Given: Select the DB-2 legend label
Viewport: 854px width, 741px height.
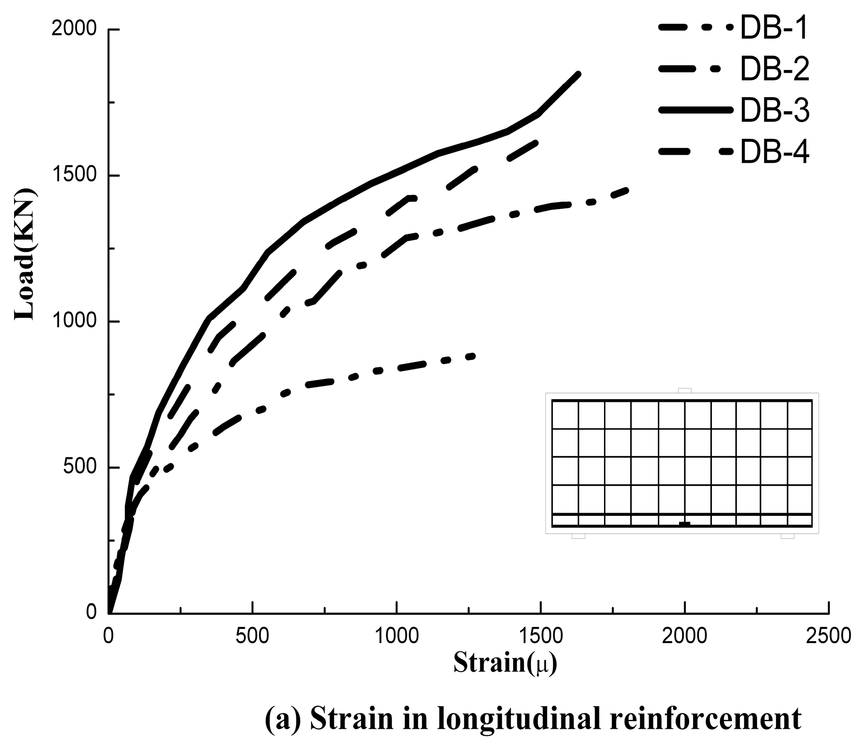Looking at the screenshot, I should click(774, 69).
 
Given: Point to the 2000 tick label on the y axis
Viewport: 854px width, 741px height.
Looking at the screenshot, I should click(74, 29).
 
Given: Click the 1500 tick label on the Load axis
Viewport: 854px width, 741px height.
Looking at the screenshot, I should click(74, 175).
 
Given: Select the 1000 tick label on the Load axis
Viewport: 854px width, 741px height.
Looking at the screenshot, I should click(74, 321).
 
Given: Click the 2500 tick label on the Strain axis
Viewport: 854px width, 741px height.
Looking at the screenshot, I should click(829, 636).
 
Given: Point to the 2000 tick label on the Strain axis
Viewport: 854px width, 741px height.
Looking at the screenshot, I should click(685, 636).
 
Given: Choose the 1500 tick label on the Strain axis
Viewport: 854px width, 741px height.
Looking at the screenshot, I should click(541, 636).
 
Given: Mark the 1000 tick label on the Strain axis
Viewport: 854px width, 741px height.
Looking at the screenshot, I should click(397, 636).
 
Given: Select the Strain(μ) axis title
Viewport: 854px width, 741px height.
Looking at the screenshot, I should click(505, 663).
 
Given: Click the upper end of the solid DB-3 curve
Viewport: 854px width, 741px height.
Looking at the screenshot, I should click(578, 74).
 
